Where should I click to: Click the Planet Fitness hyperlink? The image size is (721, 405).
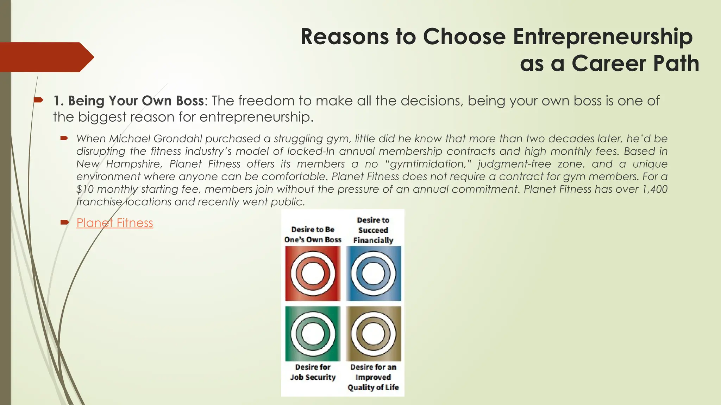(115, 223)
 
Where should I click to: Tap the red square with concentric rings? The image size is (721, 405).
(313, 274)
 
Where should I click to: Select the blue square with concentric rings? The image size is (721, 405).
(373, 274)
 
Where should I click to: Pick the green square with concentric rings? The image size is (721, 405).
(313, 333)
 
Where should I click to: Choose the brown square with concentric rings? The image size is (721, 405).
(373, 333)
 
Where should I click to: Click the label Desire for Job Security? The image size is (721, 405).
(313, 372)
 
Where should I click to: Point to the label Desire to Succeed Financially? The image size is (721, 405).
(373, 230)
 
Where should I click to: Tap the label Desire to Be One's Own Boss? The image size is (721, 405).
(313, 234)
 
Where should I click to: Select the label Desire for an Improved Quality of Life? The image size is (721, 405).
(373, 377)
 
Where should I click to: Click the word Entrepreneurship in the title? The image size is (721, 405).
(602, 37)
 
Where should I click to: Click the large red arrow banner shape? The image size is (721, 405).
(46, 57)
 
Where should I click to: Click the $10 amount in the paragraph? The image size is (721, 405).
(85, 189)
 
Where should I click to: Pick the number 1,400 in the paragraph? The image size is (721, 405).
(655, 189)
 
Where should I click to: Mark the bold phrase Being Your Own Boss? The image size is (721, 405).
(136, 101)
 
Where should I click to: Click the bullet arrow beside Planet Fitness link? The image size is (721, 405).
(64, 222)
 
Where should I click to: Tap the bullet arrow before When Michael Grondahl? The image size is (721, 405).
(64, 139)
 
